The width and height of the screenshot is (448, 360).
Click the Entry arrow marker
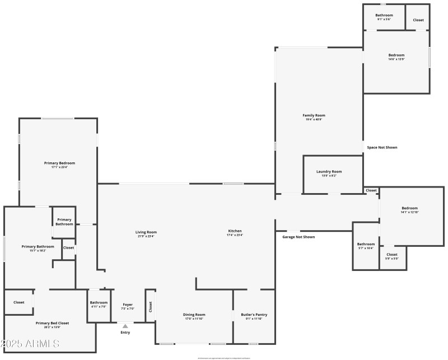pyautogui.click(x=125, y=325)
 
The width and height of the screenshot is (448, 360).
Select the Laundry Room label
pyautogui.click(x=329, y=171)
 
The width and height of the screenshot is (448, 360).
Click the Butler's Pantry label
pyautogui.click(x=251, y=315)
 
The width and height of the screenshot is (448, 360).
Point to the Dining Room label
pyautogui.click(x=194, y=315)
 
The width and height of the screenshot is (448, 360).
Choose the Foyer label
pyautogui.click(x=127, y=305)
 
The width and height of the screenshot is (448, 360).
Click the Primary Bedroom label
pyautogui.click(x=59, y=163)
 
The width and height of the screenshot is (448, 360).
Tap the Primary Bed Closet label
pyautogui.click(x=52, y=323)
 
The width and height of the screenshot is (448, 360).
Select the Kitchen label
pyautogui.click(x=235, y=231)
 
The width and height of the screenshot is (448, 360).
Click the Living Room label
pyautogui.click(x=146, y=232)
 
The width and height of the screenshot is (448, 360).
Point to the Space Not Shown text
pyautogui.click(x=382, y=147)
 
